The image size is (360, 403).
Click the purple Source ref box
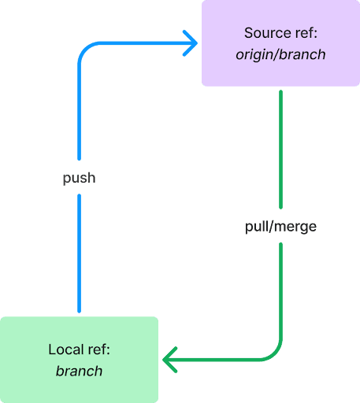pos(280,43)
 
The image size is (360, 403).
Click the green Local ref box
pos(79,360)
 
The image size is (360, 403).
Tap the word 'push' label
pos(79,178)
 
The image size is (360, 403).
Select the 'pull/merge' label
pos(280,227)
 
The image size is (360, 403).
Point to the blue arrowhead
pos(190,43)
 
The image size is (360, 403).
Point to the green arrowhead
pos(170,360)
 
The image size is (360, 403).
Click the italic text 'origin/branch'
pos(280,54)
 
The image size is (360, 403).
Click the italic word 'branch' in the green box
pos(79,371)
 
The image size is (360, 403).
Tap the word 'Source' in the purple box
pos(264,33)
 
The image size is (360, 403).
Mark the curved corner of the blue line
pos(85,49)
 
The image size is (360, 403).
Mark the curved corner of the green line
pos(275,354)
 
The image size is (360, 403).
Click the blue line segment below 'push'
pos(79,253)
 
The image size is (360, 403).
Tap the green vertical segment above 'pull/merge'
pos(280,150)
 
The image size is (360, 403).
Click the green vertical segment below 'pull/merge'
pos(280,291)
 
